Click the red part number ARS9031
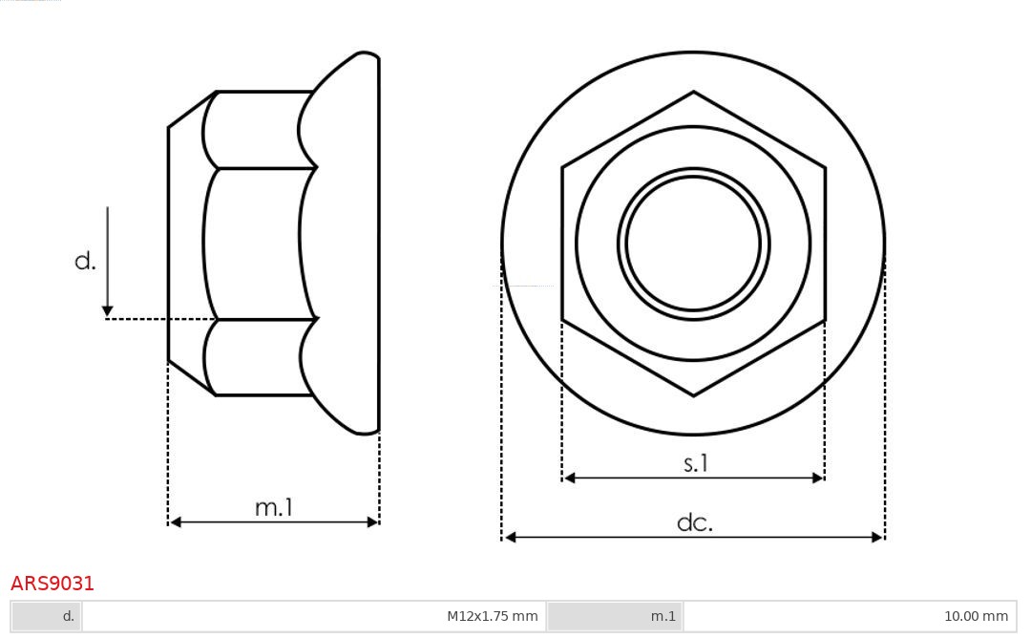pos(53,584)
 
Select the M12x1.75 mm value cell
pos(314,616)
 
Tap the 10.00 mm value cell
pos(850,616)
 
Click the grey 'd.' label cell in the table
pos(47,616)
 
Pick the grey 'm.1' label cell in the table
pos(615,616)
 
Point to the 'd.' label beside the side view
pos(86,261)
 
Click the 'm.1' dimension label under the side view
pos(274,507)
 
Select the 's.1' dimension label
pos(696,463)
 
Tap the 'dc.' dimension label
pos(695,522)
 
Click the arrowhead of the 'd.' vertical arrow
pos(108,311)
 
